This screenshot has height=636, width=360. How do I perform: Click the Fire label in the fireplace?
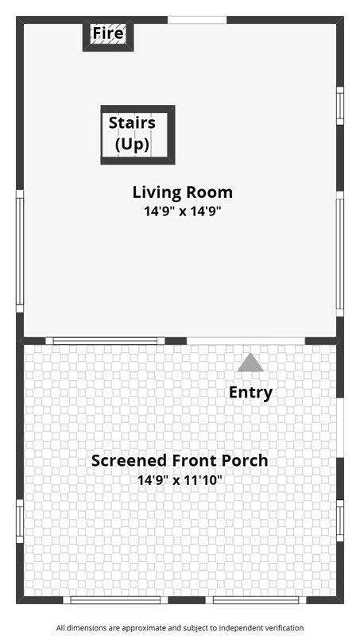coord(108,33)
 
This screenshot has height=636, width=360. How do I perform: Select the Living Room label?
coord(183,192)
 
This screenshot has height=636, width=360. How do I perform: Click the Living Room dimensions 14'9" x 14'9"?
coord(183,211)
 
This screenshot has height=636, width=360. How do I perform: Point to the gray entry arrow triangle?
coord(250,363)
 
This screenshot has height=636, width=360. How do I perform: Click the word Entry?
coord(250,393)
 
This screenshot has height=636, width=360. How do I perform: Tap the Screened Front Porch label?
coord(179,461)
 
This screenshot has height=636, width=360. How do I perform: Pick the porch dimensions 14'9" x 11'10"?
coord(180,480)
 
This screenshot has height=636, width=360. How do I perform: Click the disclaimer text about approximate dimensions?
coord(180,628)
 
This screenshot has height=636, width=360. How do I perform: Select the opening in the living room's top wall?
coord(197,20)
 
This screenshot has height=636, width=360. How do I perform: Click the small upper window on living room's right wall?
coord(340,106)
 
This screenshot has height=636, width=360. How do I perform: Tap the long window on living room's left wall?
coord(20,251)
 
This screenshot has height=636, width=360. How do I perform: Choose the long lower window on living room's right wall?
coord(340,254)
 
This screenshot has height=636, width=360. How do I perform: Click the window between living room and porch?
coord(105,341)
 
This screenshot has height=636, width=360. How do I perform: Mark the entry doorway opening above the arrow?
coord(246,341)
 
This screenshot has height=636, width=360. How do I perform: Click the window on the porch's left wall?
coord(20,522)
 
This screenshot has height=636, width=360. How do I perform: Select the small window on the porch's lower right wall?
coord(340,521)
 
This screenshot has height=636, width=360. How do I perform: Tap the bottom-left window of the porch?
coord(115,600)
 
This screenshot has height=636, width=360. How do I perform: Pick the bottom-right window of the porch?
coord(256,600)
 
